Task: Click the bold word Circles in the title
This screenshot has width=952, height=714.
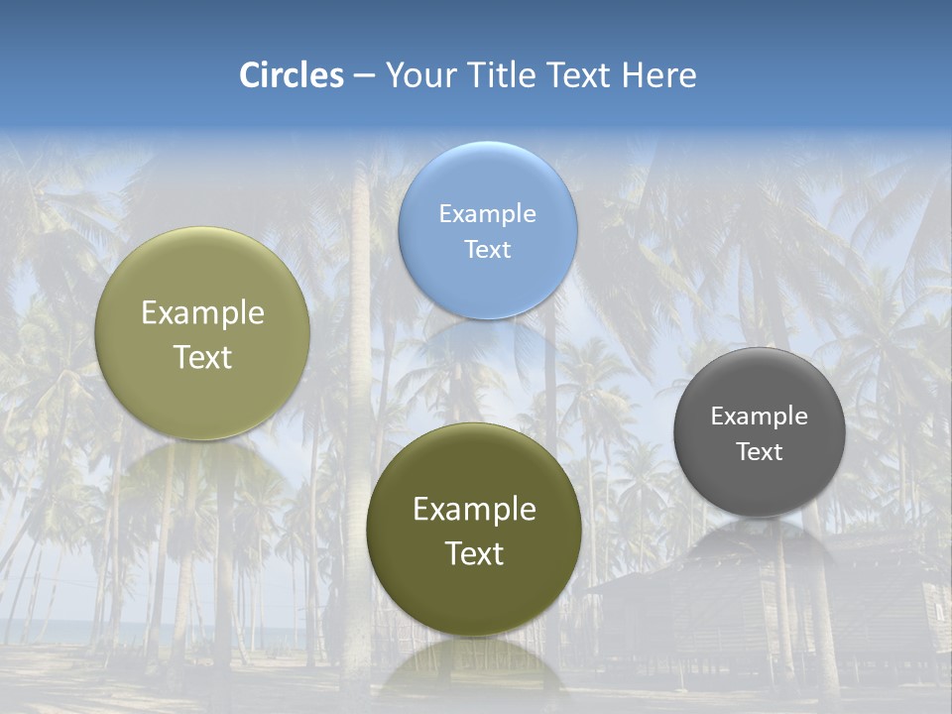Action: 292,75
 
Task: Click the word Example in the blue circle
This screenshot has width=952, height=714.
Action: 487,213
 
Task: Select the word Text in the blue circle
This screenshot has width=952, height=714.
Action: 487,249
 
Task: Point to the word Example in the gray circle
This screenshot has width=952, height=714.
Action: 759,416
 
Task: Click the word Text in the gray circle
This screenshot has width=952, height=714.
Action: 759,452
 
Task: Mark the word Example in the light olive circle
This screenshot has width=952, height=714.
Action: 202,313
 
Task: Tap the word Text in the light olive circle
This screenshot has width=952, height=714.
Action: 202,358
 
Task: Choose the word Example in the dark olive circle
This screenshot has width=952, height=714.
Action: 474,510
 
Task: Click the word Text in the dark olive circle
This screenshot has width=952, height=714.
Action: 474,553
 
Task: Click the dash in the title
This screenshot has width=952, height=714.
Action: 364,76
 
